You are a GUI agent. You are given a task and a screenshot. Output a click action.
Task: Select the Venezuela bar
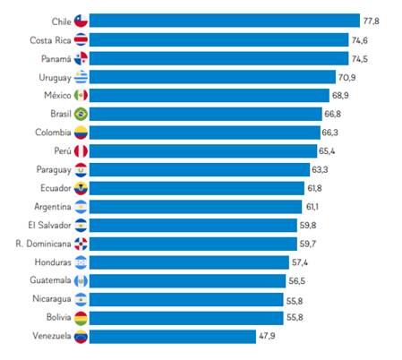click(173, 337)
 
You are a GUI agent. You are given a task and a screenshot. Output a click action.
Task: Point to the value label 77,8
click(373, 20)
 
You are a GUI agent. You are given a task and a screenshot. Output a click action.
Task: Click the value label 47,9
click(271, 337)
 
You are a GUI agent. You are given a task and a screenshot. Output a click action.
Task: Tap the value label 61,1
click(318, 206)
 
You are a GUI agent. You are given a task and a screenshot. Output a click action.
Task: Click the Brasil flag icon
click(81, 114)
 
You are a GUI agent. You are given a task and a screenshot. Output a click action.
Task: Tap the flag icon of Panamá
click(81, 58)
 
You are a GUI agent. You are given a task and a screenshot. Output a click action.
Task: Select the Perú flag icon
click(81, 151)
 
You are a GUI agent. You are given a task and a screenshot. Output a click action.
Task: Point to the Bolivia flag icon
click(81, 318)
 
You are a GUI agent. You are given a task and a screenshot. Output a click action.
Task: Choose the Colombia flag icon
click(81, 133)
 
